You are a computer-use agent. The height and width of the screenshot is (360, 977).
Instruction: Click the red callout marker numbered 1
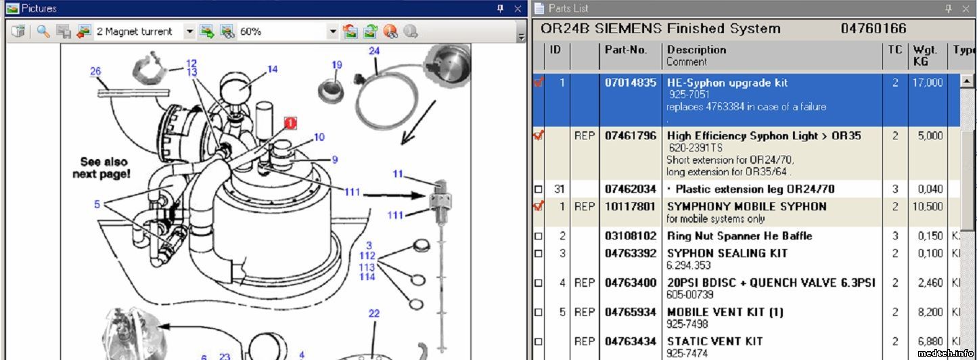290,123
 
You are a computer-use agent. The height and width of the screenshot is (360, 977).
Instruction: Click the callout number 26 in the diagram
95,71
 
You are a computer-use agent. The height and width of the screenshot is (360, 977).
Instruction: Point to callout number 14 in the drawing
272,69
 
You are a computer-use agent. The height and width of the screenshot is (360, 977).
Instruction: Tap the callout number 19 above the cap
337,65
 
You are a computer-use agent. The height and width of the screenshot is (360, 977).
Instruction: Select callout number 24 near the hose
373,51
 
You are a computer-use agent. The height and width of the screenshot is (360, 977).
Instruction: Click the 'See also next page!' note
102,168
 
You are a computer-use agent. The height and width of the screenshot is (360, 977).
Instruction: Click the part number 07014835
631,83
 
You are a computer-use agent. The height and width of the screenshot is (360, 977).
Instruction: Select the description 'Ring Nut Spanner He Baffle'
740,236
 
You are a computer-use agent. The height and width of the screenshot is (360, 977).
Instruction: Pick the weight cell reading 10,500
928,206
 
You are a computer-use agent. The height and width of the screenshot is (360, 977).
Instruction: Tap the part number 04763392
631,253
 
